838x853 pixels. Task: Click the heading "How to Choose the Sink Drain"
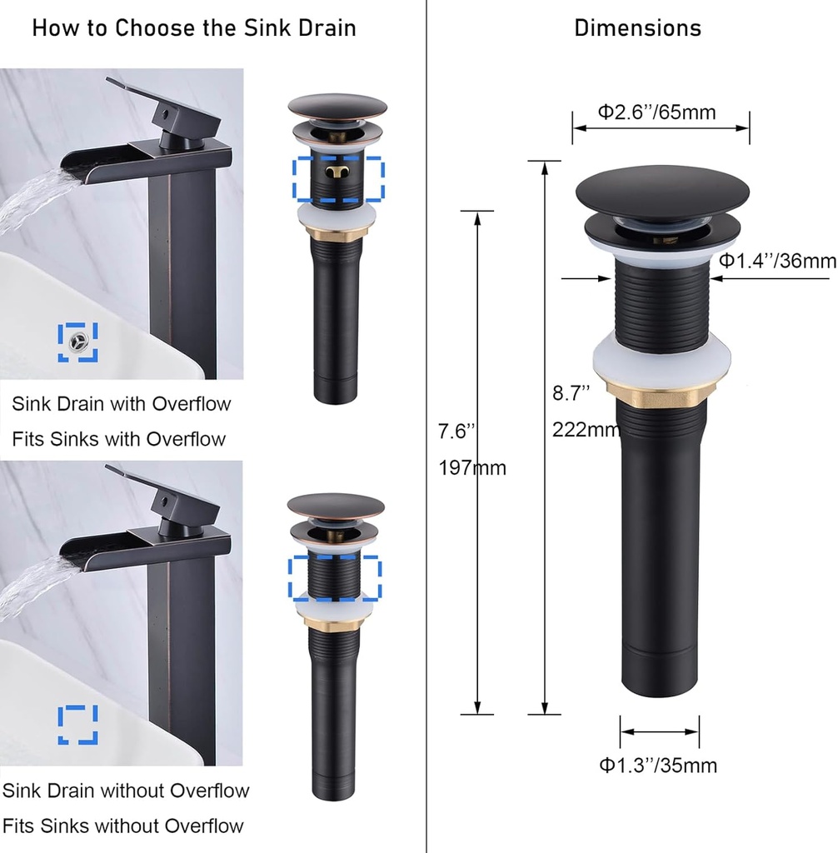point(194,28)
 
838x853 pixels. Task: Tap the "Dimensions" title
point(637,28)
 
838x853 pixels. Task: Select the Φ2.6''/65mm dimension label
point(657,112)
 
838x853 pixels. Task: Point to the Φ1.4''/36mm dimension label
point(777,261)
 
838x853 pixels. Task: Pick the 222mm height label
point(586,430)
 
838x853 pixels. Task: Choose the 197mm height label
point(472,468)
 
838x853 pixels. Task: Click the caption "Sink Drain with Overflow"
point(122,405)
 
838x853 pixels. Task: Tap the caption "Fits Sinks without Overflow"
point(122,826)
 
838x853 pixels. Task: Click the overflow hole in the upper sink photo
point(78,342)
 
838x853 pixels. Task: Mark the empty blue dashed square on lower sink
point(77,725)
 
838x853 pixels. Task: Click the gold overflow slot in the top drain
point(337,172)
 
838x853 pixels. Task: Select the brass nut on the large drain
point(661,388)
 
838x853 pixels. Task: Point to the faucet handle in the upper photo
point(162,108)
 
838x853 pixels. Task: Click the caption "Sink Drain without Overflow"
point(126,791)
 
